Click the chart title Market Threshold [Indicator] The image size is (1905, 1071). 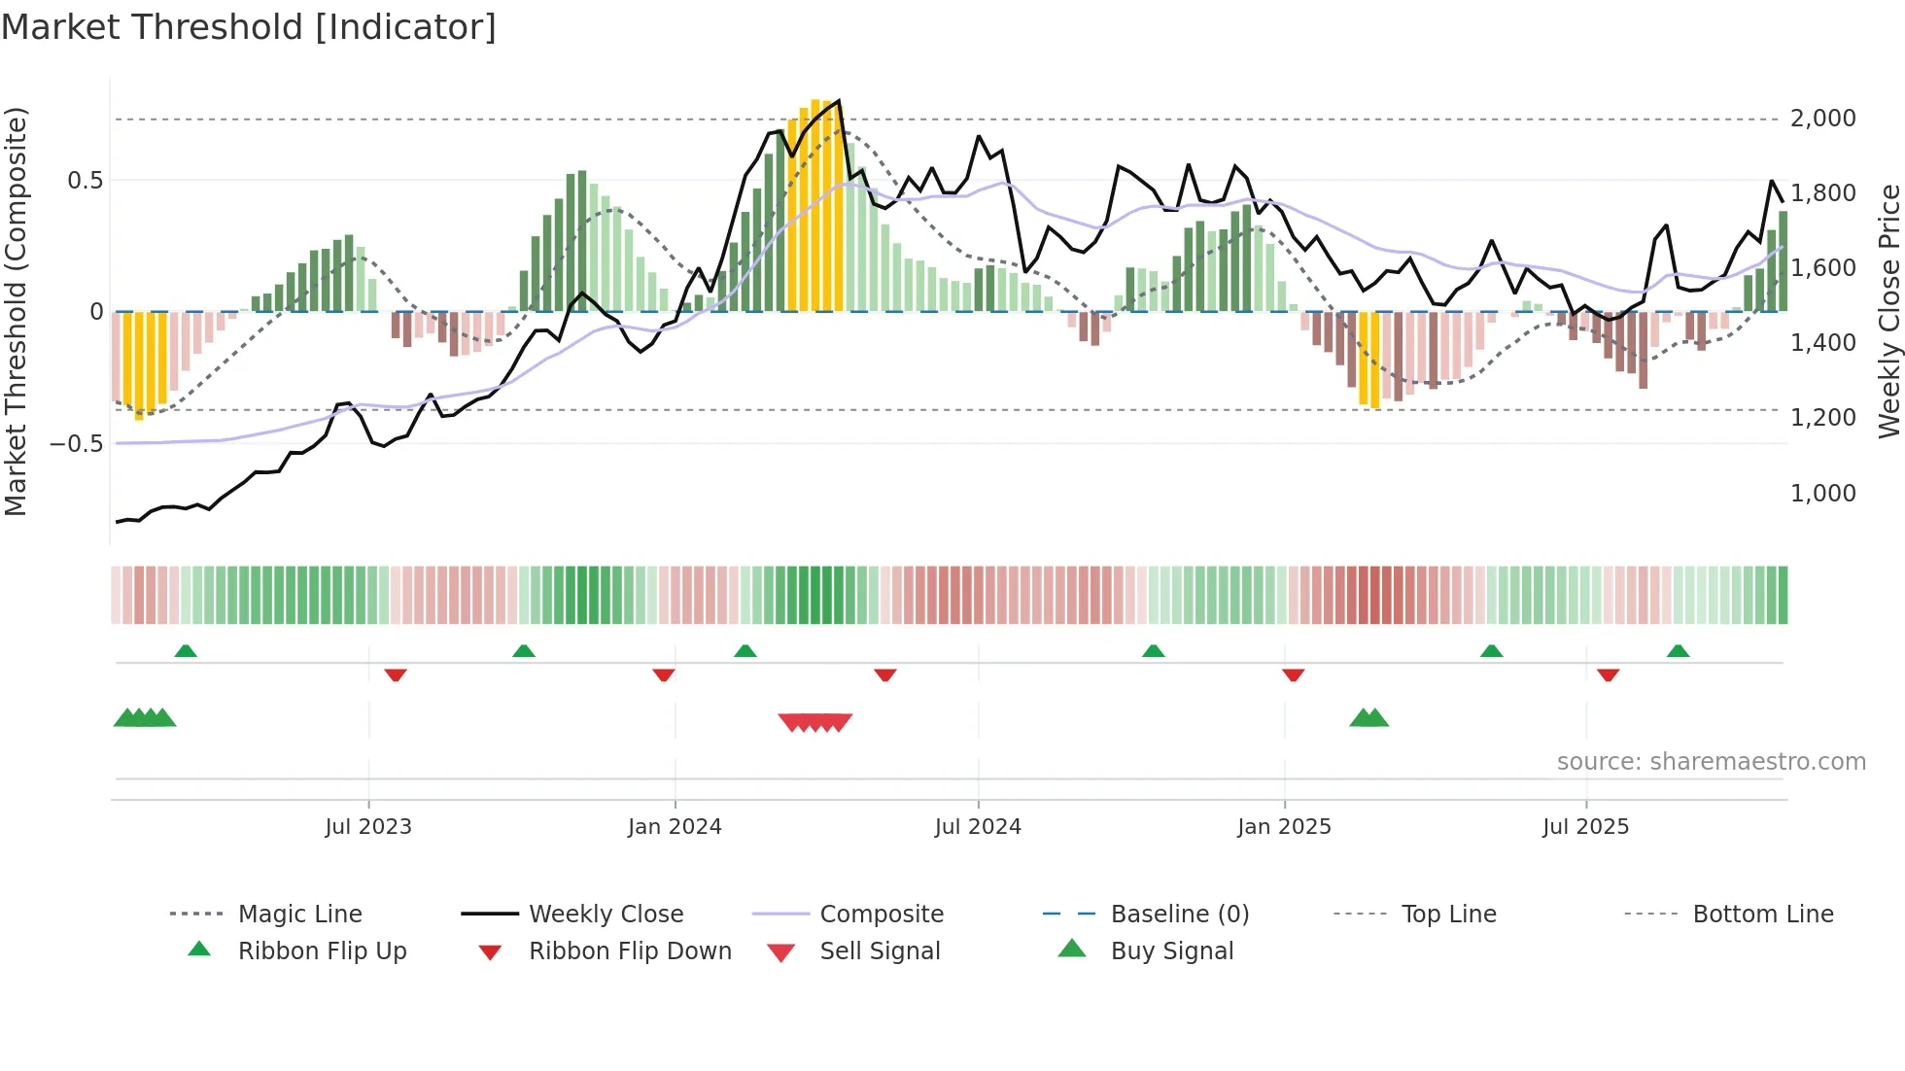249,27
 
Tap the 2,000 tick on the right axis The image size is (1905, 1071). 1822,119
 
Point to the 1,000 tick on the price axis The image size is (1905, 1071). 1822,494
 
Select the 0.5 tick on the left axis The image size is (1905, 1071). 85,181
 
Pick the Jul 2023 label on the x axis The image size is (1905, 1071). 368,827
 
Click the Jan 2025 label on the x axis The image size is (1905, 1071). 1284,827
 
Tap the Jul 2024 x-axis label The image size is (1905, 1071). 978,827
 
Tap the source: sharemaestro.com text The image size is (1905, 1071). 1711,762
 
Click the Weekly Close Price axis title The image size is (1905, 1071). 1888,311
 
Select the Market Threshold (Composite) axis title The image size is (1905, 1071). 16,311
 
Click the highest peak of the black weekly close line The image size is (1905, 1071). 838,101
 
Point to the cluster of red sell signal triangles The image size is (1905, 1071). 815,722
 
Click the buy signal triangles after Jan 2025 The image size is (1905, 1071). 1368,718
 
